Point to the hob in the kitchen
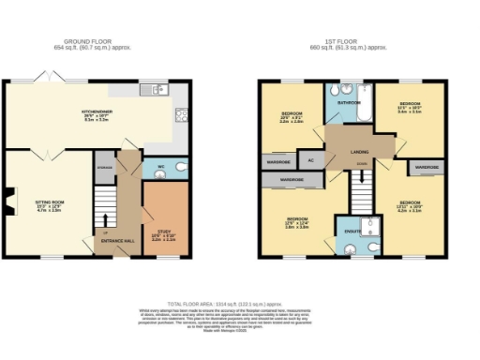pyautogui.click(x=181, y=117)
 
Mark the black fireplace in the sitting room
pyautogui.click(x=9, y=200)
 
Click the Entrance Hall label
pyautogui.click(x=116, y=240)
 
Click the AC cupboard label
pyautogui.click(x=308, y=159)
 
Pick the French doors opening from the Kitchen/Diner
pyautogui.click(x=45, y=78)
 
